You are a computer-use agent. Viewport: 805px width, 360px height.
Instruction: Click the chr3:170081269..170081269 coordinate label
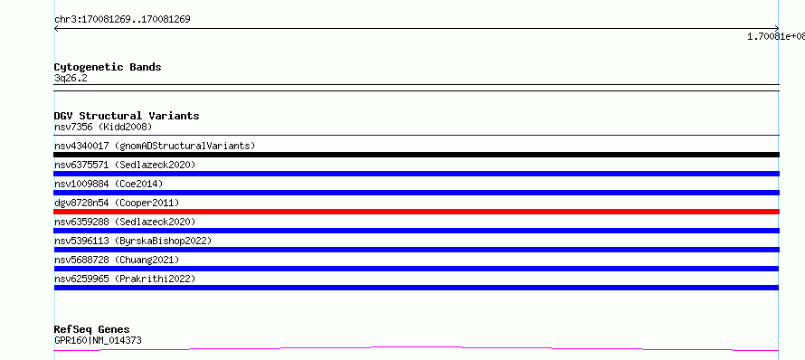(122, 20)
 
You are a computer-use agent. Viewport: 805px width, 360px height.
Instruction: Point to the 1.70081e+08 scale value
(776, 36)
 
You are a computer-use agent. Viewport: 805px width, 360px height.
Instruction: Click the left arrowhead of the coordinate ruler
(56, 29)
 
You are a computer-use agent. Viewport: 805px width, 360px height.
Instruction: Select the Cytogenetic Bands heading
(108, 67)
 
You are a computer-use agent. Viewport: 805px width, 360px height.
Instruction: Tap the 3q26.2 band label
(71, 78)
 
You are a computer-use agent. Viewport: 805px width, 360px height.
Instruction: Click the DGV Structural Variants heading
(127, 116)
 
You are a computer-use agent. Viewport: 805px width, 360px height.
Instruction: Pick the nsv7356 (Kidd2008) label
(103, 127)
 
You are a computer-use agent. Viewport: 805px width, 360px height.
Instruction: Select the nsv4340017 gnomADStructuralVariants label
(155, 146)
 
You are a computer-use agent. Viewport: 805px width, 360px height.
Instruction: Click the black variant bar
(416, 155)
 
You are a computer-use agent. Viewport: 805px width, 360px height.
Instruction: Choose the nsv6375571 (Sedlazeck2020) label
(125, 165)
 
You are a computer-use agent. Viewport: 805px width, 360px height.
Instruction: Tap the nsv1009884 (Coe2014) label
(109, 184)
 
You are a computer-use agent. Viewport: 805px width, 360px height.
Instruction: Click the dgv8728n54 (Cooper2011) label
(117, 203)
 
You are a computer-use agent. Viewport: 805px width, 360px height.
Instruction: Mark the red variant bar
(416, 212)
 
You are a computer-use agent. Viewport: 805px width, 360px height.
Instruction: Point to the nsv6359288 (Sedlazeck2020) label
(125, 222)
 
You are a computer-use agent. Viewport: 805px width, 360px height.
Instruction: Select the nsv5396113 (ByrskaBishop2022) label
(133, 241)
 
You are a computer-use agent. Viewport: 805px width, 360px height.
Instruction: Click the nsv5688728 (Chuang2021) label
(117, 260)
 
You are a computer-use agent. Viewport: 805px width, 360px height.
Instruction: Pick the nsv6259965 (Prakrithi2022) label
(125, 279)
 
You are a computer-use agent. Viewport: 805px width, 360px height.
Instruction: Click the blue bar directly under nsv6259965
(416, 288)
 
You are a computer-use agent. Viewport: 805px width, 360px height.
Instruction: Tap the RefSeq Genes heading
(92, 329)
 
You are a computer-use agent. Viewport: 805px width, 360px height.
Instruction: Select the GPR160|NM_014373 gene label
(98, 340)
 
